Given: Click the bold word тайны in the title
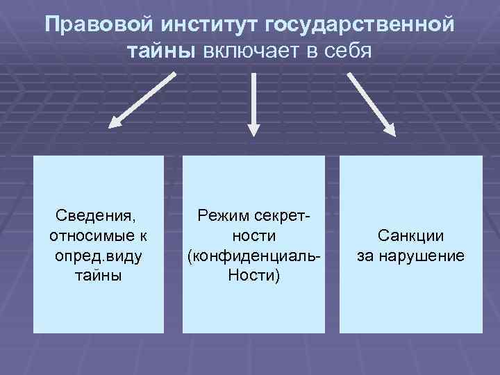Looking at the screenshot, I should [162, 51].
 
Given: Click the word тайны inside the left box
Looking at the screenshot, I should [98, 276].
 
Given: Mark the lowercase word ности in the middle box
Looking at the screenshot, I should [253, 237].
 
